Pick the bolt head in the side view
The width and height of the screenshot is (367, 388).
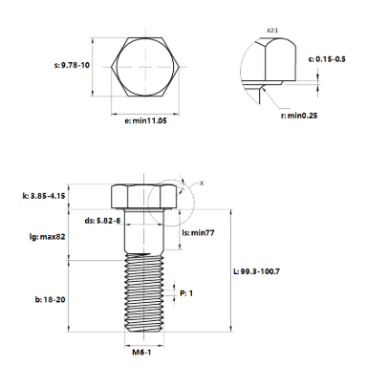click(x=144, y=194)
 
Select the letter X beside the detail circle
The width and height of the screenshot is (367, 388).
click(x=202, y=182)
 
